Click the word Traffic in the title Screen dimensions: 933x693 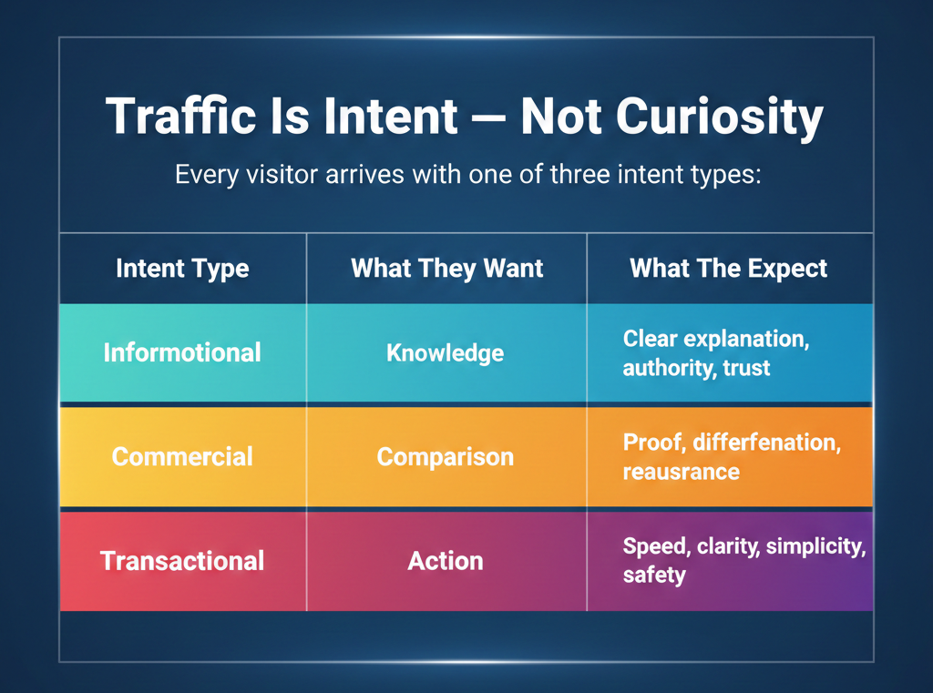tap(181, 116)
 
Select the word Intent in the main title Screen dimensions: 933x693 tap(391, 116)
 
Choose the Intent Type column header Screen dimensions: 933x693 tap(182, 269)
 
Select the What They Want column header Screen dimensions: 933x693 tap(446, 269)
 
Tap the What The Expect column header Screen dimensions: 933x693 tap(728, 269)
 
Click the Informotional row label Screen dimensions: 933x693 tap(182, 352)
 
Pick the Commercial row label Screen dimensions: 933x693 tap(182, 457)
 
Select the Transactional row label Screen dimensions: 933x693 tap(182, 561)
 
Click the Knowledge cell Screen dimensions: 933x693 tap(445, 353)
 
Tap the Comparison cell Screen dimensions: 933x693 tap(445, 457)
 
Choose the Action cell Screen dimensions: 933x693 tap(445, 561)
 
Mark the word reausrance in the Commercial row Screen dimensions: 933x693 tap(682, 473)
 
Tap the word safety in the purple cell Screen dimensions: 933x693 tap(654, 576)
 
